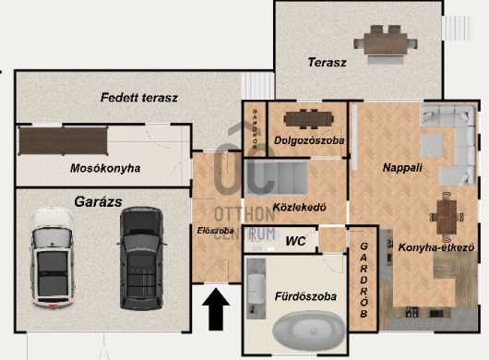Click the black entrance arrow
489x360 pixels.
tap(216, 309)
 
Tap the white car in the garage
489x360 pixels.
tap(53, 258)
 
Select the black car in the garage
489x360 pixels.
tap(141, 258)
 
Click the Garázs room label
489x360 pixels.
tap(98, 202)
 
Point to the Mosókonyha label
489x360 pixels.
tap(105, 168)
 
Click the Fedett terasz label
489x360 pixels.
tap(139, 98)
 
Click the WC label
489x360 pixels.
tap(295, 241)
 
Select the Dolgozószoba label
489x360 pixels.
tap(309, 140)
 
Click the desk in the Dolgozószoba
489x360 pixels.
tap(309, 119)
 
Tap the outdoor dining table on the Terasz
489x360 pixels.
tap(386, 43)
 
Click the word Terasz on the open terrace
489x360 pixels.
tap(327, 63)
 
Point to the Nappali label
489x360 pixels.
tap(402, 168)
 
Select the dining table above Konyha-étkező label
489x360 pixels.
tap(447, 217)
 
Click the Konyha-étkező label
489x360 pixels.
tap(436, 247)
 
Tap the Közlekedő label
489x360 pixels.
tap(299, 207)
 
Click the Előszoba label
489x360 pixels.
tap(215, 231)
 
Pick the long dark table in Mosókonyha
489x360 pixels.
tap(64, 140)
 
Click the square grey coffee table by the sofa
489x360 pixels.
tap(432, 145)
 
